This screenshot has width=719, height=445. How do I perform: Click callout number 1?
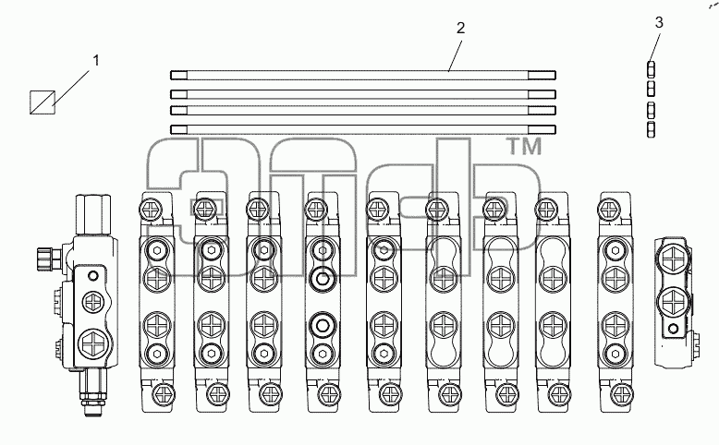pyautogui.click(x=96, y=61)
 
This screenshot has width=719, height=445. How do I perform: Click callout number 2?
pyautogui.click(x=461, y=28)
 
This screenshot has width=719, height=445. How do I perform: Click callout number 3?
pyautogui.click(x=659, y=22)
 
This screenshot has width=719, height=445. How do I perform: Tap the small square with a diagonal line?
pyautogui.click(x=43, y=102)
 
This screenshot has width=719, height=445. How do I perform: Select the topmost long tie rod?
pyautogui.click(x=362, y=75)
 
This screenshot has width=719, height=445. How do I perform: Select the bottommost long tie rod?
pyautogui.click(x=362, y=129)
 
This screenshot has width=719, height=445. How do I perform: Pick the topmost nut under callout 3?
pyautogui.click(x=651, y=69)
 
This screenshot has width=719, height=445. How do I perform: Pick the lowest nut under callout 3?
pyautogui.click(x=651, y=129)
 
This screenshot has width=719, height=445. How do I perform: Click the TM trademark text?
pyautogui.click(x=524, y=146)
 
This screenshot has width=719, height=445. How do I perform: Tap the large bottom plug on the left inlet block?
pyautogui.click(x=94, y=344)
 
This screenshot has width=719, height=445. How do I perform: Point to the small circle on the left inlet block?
pyautogui.click(x=93, y=276)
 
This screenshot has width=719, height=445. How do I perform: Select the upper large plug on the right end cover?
pyautogui.click(x=674, y=259)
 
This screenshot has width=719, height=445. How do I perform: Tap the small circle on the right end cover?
pyautogui.click(x=673, y=329)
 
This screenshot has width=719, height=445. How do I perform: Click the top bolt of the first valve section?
pyautogui.click(x=151, y=210)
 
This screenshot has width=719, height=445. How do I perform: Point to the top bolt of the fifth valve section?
pyautogui.click(x=379, y=210)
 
